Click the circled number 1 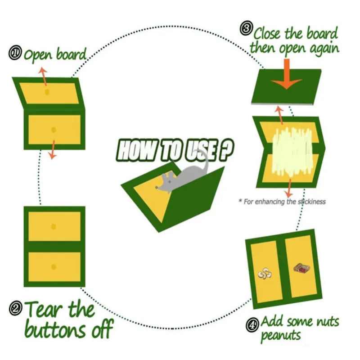point(15,54)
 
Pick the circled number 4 point(252,323)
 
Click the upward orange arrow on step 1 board point(44,75)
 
